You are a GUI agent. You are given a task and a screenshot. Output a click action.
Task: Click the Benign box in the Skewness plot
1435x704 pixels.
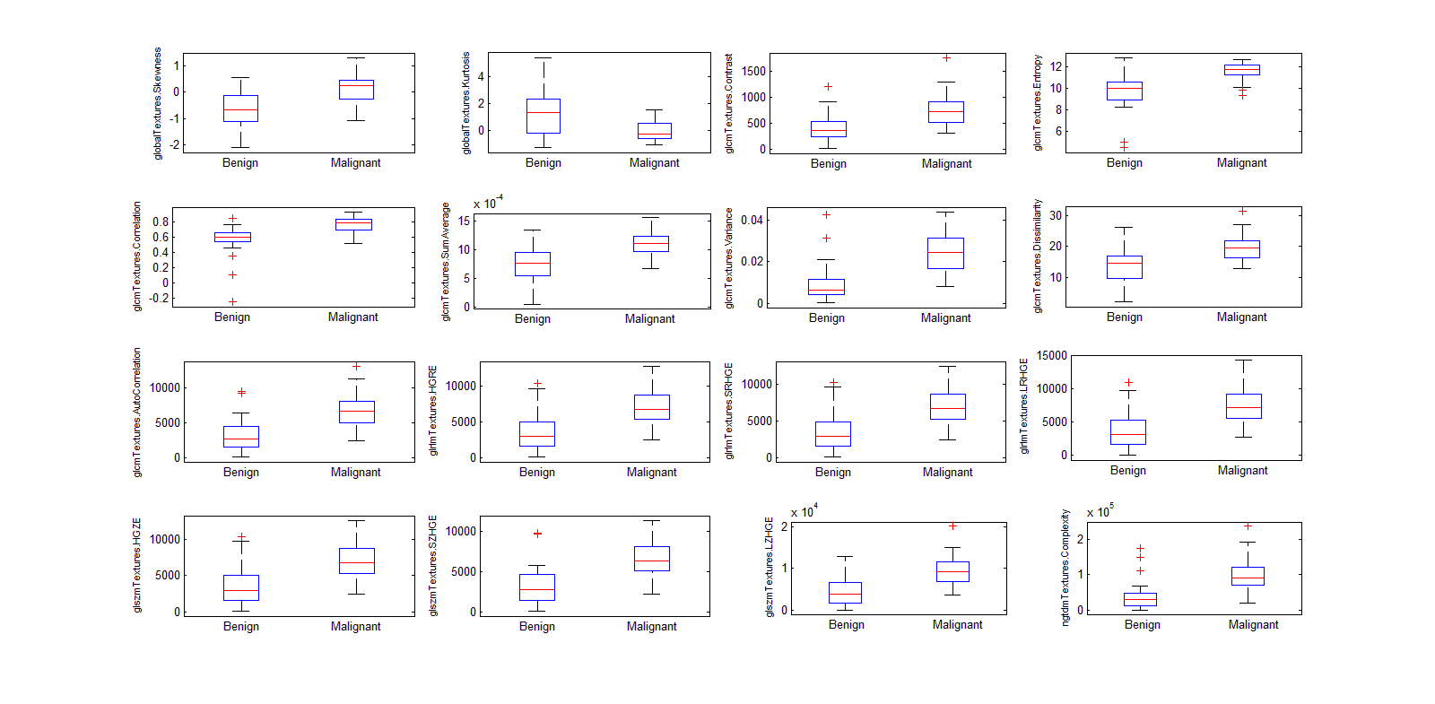coord(240,109)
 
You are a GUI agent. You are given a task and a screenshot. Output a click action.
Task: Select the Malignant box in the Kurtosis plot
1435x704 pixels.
coord(655,131)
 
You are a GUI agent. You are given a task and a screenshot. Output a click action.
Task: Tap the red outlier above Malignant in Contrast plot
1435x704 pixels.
coord(946,57)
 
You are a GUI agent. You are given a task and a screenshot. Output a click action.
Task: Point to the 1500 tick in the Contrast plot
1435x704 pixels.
coord(754,71)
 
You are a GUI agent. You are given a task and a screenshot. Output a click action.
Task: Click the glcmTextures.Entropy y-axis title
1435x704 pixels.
coord(1038,102)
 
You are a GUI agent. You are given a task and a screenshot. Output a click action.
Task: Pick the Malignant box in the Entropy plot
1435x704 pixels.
coord(1242,69)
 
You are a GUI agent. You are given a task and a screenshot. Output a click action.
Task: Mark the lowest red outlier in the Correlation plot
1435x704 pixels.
coord(232,301)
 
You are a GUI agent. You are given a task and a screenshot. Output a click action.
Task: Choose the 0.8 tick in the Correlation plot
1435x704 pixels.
coord(161,222)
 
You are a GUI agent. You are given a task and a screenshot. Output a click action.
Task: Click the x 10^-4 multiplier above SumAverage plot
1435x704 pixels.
coord(488,204)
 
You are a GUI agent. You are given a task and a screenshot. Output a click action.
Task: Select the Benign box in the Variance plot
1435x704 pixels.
coord(826,287)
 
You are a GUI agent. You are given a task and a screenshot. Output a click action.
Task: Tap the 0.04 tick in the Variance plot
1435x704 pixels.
coord(752,220)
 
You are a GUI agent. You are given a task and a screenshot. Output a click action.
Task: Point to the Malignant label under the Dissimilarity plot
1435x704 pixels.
coord(1241,317)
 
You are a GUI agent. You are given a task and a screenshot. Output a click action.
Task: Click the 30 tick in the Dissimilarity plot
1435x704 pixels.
coord(1056,215)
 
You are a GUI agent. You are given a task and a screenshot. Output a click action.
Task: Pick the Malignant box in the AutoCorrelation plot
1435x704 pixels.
coord(357,412)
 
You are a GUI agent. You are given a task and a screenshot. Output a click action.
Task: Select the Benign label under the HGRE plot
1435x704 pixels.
coord(536,472)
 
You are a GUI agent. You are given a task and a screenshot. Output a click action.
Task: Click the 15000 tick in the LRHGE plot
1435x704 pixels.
coord(1051,356)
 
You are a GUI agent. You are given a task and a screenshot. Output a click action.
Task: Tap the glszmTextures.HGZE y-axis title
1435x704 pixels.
coord(137,565)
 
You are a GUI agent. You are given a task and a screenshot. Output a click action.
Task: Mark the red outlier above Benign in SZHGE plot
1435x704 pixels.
coord(537,534)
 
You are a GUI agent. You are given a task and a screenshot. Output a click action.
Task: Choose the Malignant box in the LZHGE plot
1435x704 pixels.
coord(952,571)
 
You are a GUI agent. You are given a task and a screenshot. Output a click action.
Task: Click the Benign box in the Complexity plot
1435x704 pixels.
coord(1141,599)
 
